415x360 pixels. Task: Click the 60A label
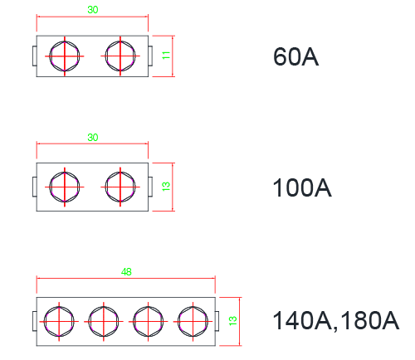(295, 56)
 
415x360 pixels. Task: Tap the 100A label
(302, 187)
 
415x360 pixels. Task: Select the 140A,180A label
(336, 320)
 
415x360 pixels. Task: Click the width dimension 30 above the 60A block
(93, 10)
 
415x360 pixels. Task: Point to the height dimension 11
(166, 56)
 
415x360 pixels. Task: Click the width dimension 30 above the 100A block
(93, 138)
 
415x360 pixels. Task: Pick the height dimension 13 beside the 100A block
(166, 187)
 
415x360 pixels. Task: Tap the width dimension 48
(126, 272)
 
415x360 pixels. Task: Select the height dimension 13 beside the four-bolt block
(233, 321)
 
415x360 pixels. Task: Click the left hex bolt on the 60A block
(65, 56)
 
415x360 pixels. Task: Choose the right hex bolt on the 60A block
(120, 56)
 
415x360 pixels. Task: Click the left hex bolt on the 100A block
(65, 187)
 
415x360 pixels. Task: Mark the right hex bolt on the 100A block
(120, 187)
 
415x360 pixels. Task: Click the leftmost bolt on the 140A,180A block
(59, 322)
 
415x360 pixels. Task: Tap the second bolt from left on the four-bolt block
(104, 322)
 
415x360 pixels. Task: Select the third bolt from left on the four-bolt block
(148, 322)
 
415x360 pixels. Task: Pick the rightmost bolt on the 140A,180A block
(193, 322)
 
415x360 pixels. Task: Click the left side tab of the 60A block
(35, 56)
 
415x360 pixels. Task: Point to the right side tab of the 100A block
(150, 187)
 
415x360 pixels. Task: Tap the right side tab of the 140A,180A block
(217, 321)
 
